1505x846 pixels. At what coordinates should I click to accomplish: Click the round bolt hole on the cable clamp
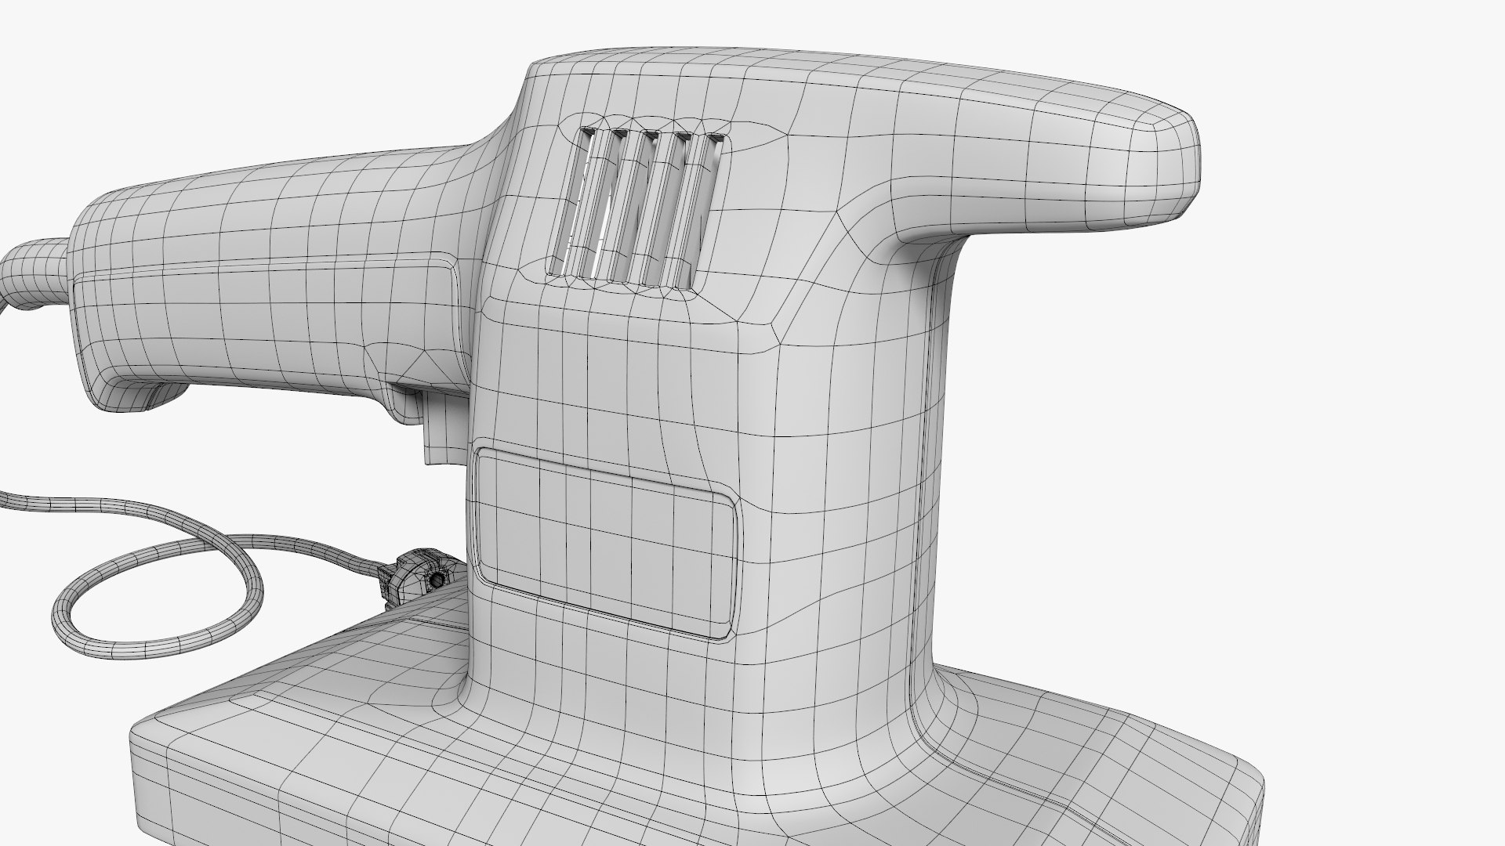pos(433,580)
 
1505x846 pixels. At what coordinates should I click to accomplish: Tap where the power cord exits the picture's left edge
pos(4,497)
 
